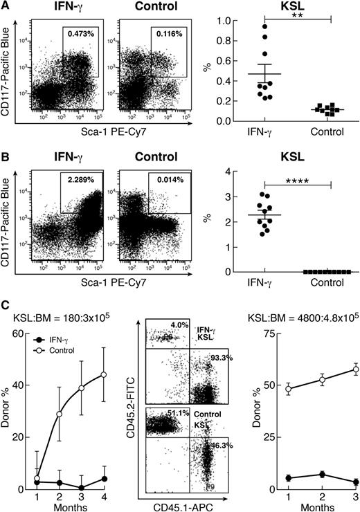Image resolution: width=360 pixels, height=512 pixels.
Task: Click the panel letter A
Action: pos(6,6)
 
